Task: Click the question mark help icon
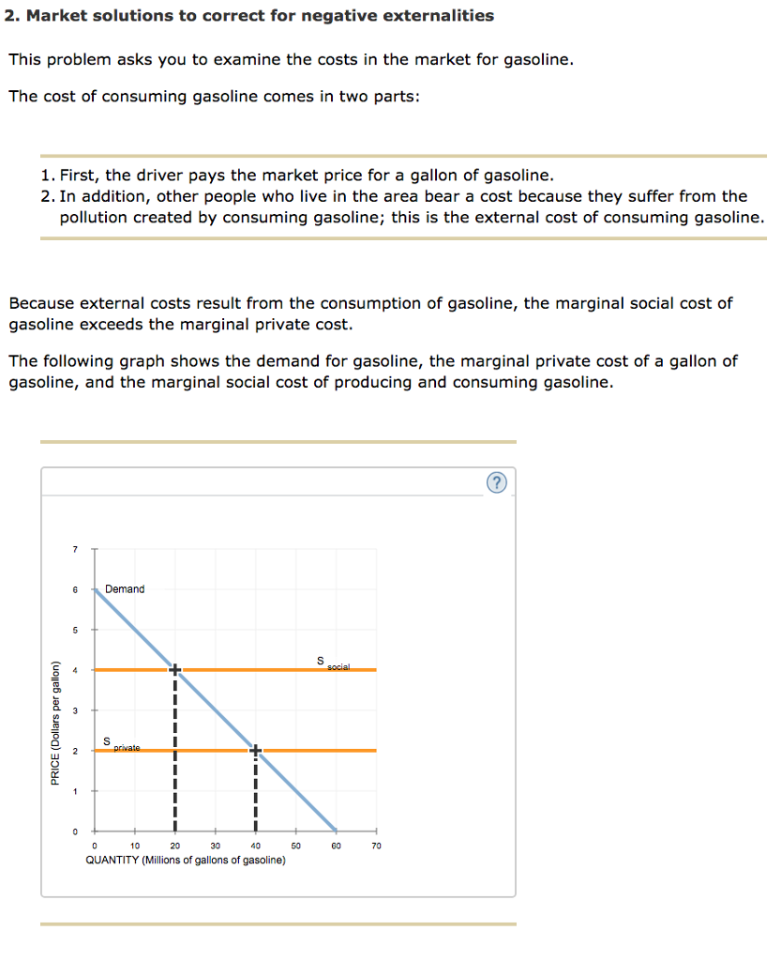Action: pos(497,482)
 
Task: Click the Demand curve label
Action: pos(125,589)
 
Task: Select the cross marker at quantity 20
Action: pos(174,669)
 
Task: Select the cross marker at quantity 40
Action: pos(255,750)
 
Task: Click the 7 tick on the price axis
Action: pos(76,549)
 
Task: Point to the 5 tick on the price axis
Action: pos(76,630)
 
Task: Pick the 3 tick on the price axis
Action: pos(76,710)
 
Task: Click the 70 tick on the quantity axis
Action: pos(376,846)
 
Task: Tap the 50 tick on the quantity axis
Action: pos(295,846)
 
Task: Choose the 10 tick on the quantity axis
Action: pos(134,846)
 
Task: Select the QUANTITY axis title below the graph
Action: pos(186,860)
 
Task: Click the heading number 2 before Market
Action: pos(12,16)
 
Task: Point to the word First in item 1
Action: pos(80,175)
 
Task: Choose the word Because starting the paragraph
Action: pos(41,303)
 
